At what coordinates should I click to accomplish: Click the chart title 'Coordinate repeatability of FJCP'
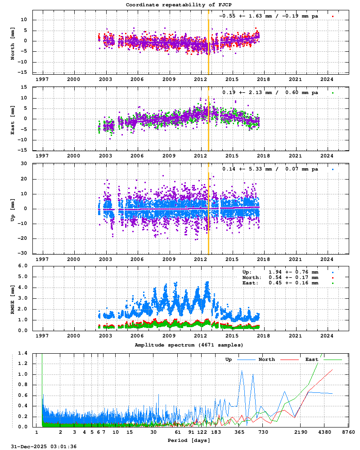pyautogui.click(x=179, y=5)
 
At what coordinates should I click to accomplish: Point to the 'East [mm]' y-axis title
pyautogui.click(x=13, y=119)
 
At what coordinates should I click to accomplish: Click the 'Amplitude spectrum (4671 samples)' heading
pyautogui.click(x=189, y=345)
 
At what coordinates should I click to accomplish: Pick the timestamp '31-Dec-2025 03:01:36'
pyautogui.click(x=44, y=446)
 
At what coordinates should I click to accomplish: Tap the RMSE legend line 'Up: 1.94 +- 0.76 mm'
pyautogui.click(x=280, y=272)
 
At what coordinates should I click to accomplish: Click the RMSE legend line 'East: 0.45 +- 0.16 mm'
pyautogui.click(x=280, y=283)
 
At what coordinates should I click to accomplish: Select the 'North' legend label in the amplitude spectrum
pyautogui.click(x=267, y=360)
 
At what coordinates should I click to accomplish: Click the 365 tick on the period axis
pyautogui.click(x=239, y=432)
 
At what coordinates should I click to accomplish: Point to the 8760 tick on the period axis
pyautogui.click(x=348, y=432)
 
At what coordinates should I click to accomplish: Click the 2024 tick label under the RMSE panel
pyautogui.click(x=326, y=336)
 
